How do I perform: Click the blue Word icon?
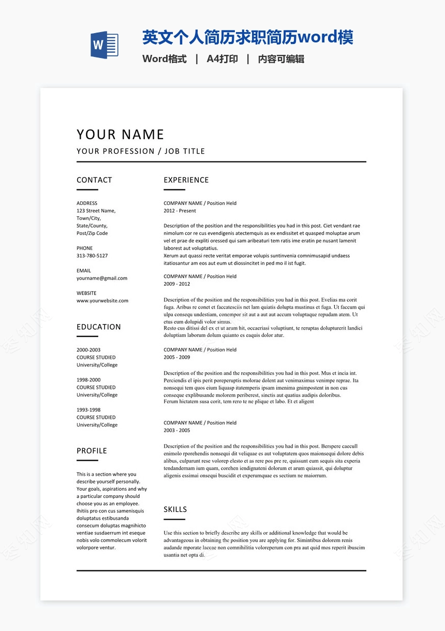(x=105, y=45)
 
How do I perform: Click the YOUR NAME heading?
(x=120, y=135)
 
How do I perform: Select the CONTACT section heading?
(x=94, y=180)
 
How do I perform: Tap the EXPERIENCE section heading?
(x=186, y=180)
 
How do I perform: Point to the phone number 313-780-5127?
(x=92, y=256)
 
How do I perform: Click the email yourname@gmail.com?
(x=102, y=278)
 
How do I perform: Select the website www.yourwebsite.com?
(x=102, y=301)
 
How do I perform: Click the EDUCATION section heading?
(x=99, y=327)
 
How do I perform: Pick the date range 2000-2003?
(x=88, y=350)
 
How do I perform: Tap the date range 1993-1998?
(x=88, y=410)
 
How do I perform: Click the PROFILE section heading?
(x=92, y=451)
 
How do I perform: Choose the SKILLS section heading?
(x=175, y=509)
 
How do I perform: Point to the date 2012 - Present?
(x=180, y=211)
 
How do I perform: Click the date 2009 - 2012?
(x=177, y=284)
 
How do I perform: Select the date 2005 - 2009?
(x=177, y=357)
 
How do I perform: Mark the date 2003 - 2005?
(x=177, y=430)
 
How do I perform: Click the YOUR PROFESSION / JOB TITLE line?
(x=141, y=151)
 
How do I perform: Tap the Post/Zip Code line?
(x=92, y=233)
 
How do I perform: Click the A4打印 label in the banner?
(x=222, y=59)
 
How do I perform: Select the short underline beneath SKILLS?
(x=174, y=519)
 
